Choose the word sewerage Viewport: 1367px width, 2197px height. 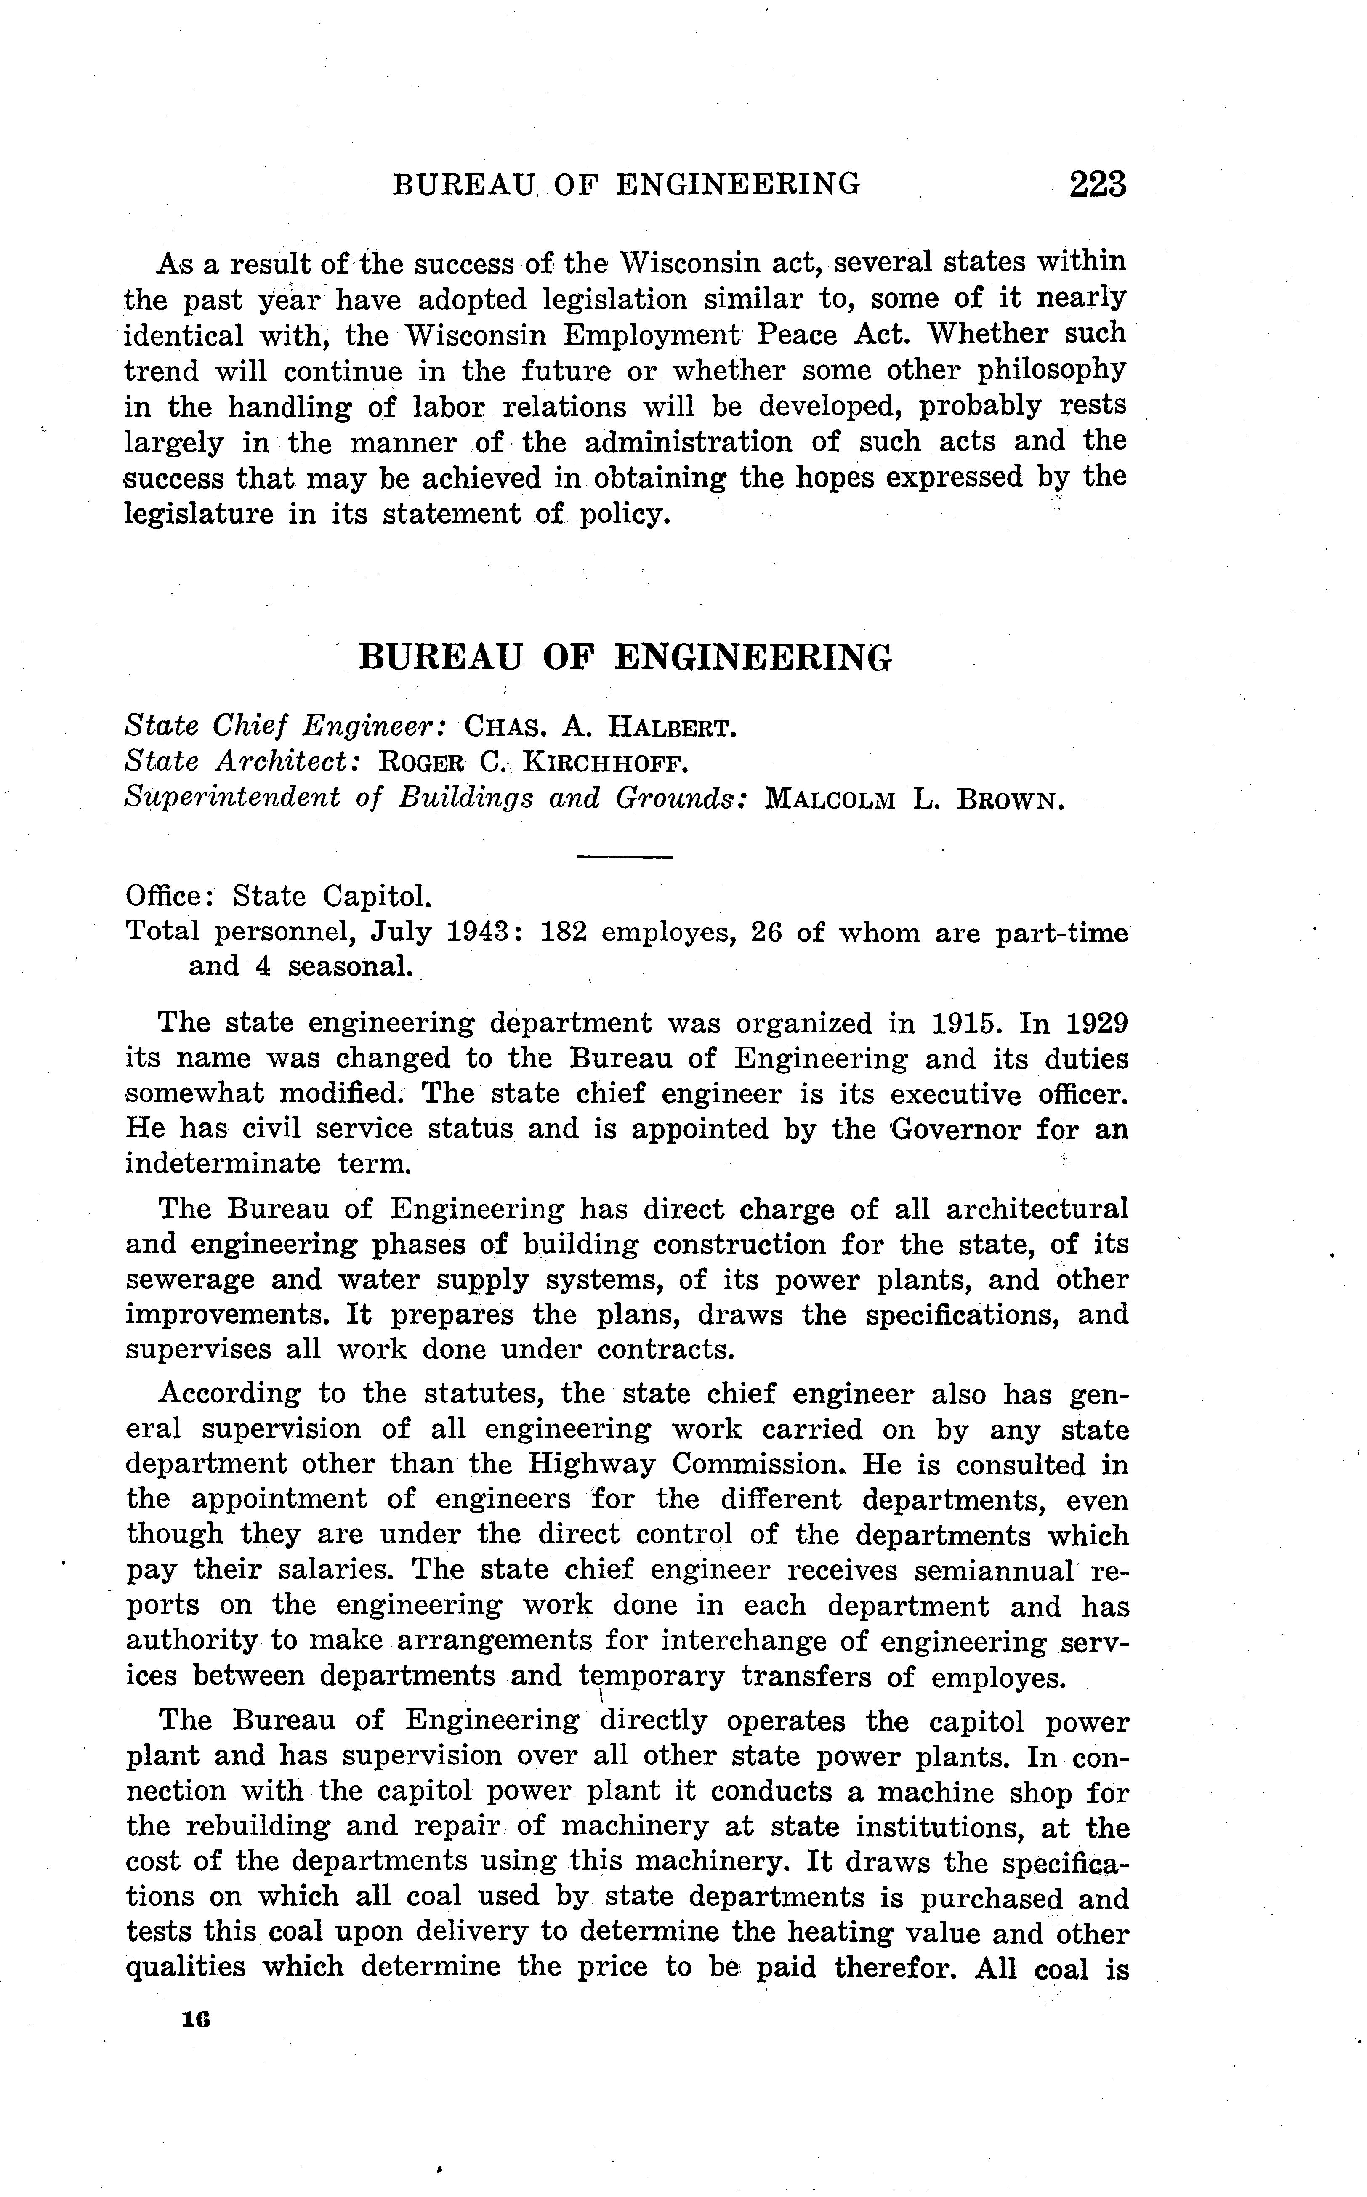[x=177, y=1279]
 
